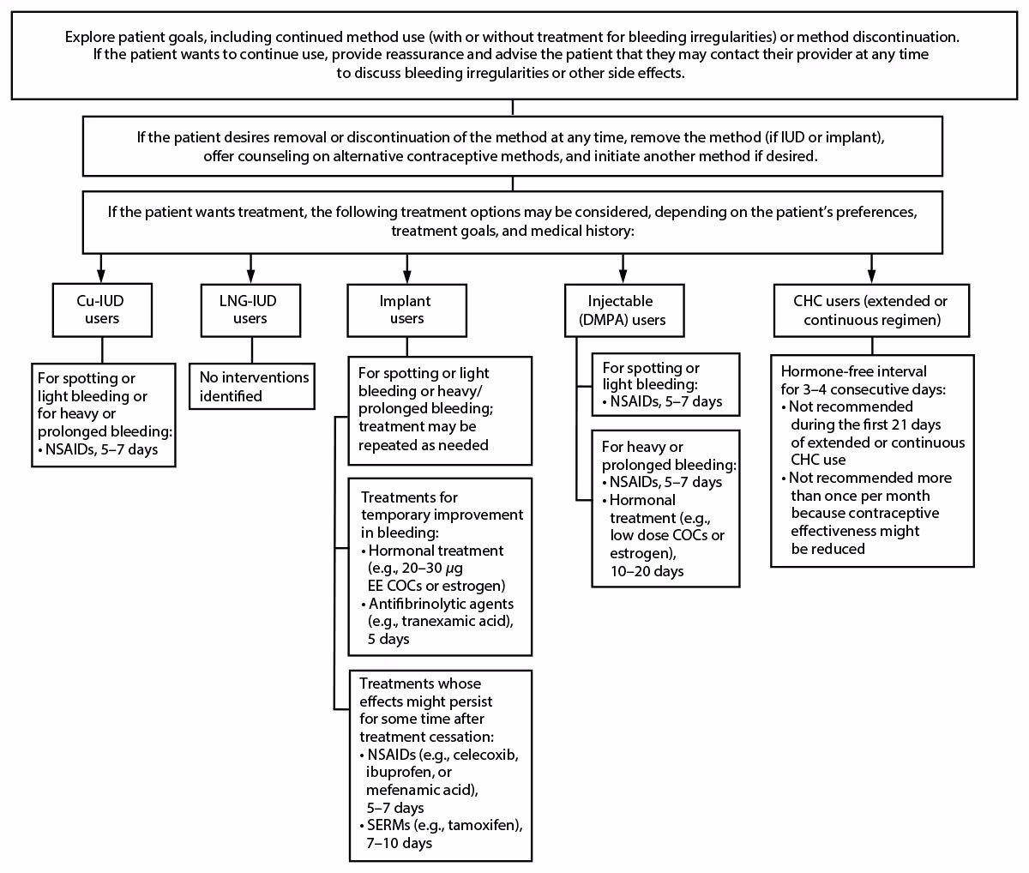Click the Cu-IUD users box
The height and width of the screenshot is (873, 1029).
point(102,310)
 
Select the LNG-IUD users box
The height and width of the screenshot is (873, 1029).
point(250,310)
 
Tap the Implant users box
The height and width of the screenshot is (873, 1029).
point(406,310)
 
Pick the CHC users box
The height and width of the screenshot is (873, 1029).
point(871,310)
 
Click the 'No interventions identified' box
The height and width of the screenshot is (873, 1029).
point(250,386)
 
